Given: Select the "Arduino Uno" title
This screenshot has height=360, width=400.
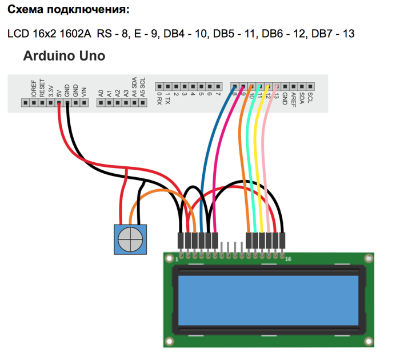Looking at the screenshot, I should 63,57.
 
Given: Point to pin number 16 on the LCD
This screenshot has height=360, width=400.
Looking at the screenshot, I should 287,259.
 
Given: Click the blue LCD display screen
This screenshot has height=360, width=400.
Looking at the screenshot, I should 269,301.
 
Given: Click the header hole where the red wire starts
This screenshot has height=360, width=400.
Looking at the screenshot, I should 59,103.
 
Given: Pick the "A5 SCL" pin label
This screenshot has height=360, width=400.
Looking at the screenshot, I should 143,87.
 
